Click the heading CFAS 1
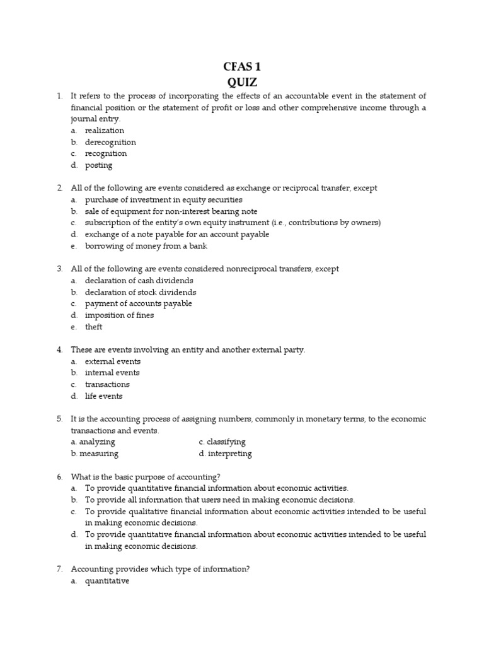[x=242, y=68]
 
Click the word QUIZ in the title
[x=242, y=82]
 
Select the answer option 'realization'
[x=105, y=131]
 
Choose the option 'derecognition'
[x=110, y=142]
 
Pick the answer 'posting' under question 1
[x=99, y=165]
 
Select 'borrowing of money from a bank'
[x=146, y=246]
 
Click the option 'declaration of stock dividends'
[x=141, y=292]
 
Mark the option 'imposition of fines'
[x=119, y=315]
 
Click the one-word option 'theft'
[x=94, y=327]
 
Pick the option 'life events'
[x=104, y=396]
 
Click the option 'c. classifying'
[x=222, y=442]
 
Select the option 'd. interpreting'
[x=225, y=454]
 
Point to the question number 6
[x=59, y=476]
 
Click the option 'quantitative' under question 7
[x=107, y=581]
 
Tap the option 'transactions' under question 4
[x=107, y=384]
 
